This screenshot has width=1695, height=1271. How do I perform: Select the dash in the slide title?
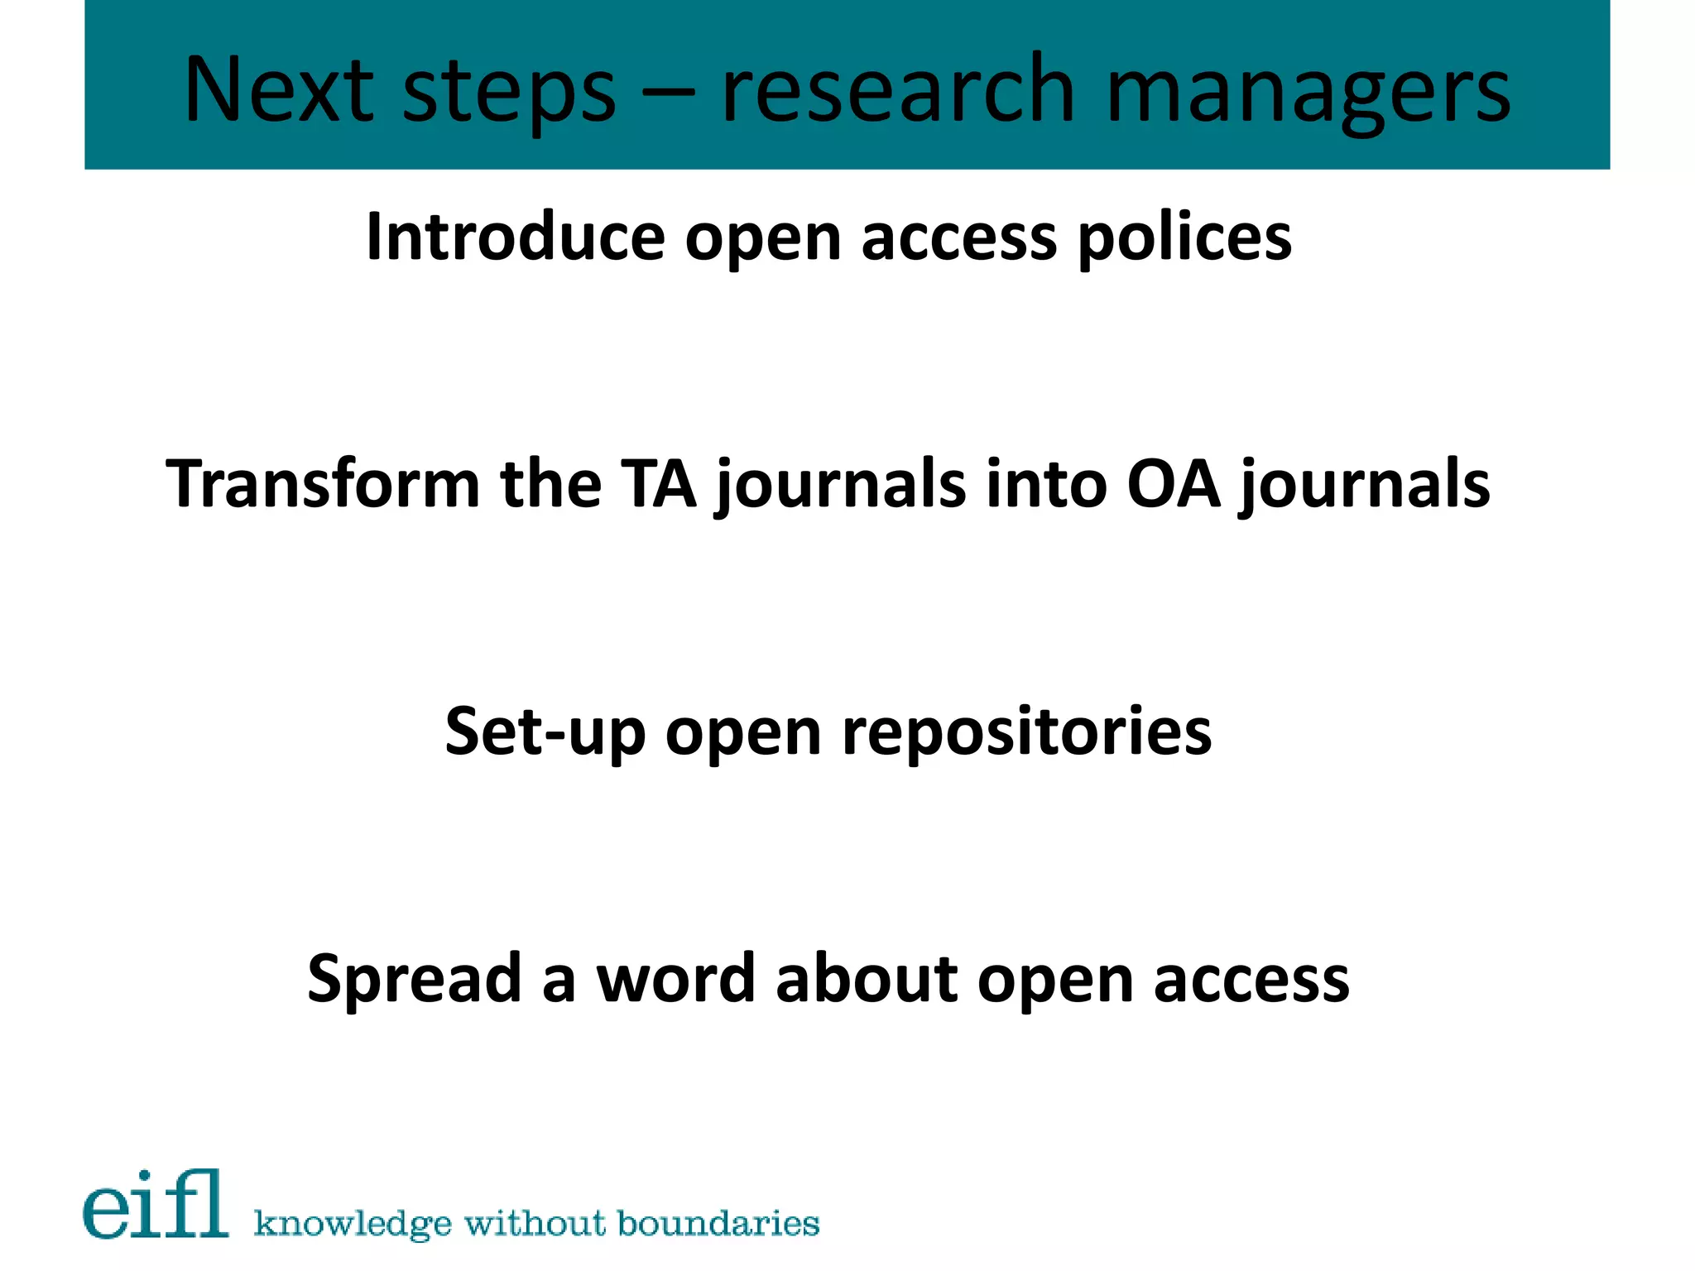pyautogui.click(x=668, y=91)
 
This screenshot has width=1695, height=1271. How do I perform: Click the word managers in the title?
pyautogui.click(x=1308, y=93)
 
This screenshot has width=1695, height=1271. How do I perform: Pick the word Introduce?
pyautogui.click(x=515, y=237)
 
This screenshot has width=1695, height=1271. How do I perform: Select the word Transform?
pyautogui.click(x=323, y=483)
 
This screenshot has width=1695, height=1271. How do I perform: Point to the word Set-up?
pyautogui.click(x=545, y=731)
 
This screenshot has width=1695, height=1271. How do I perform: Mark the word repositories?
pyautogui.click(x=1026, y=731)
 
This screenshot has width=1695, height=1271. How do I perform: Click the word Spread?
pyautogui.click(x=413, y=980)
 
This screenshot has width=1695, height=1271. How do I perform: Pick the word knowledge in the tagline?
pyautogui.click(x=353, y=1224)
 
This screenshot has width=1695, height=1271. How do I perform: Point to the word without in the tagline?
pyautogui.click(x=535, y=1222)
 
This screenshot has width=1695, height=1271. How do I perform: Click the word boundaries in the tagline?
pyautogui.click(x=718, y=1222)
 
